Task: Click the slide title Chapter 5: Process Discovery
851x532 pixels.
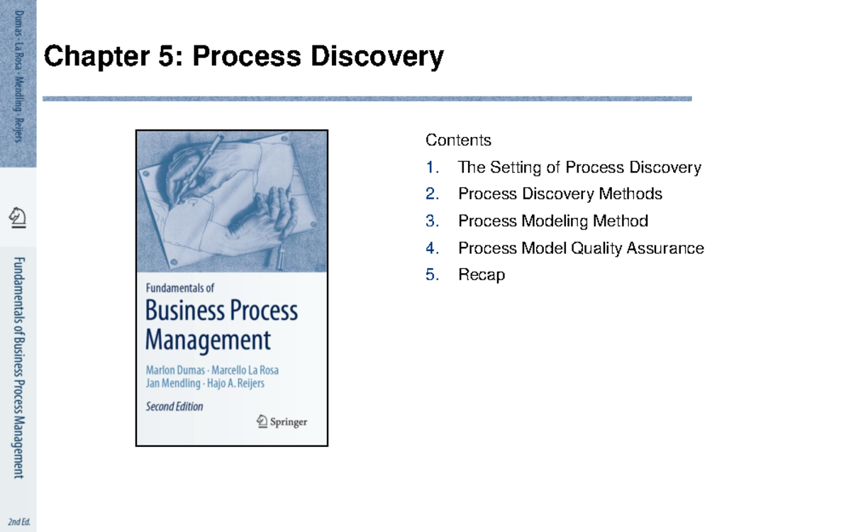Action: point(244,56)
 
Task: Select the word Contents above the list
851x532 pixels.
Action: point(458,140)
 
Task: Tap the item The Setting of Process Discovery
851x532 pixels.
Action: point(579,167)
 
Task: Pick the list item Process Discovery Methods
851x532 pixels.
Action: point(560,194)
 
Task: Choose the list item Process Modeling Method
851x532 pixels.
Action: point(553,221)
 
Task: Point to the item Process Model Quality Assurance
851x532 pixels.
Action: point(581,248)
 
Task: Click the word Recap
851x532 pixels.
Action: point(482,275)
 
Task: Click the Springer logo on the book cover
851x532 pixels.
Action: point(282,421)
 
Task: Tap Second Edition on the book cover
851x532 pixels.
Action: point(174,406)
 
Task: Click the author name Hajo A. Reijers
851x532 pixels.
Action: point(244,384)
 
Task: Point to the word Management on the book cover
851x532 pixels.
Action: point(208,340)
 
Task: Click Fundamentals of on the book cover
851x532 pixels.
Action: point(179,288)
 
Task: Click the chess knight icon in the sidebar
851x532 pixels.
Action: point(18,216)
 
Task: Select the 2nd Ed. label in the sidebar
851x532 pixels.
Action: point(19,523)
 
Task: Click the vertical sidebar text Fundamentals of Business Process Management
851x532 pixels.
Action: point(18,367)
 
